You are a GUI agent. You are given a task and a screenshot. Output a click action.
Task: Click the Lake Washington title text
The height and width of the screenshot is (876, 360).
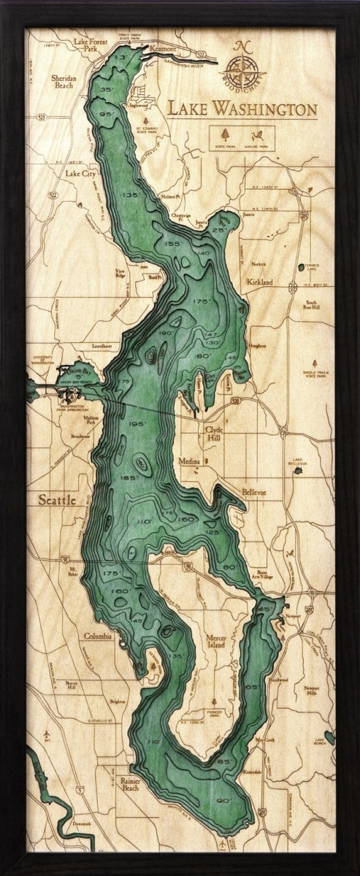click(242, 109)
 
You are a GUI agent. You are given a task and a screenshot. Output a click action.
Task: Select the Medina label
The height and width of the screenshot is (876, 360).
click(191, 461)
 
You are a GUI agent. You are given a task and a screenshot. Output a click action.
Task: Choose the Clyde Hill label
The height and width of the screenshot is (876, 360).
click(214, 433)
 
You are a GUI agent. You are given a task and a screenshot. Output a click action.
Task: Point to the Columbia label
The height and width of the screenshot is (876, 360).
click(97, 636)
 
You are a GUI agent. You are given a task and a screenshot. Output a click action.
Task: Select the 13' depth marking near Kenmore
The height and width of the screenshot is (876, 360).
click(120, 56)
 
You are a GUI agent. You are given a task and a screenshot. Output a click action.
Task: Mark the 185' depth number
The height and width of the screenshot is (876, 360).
click(129, 477)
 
